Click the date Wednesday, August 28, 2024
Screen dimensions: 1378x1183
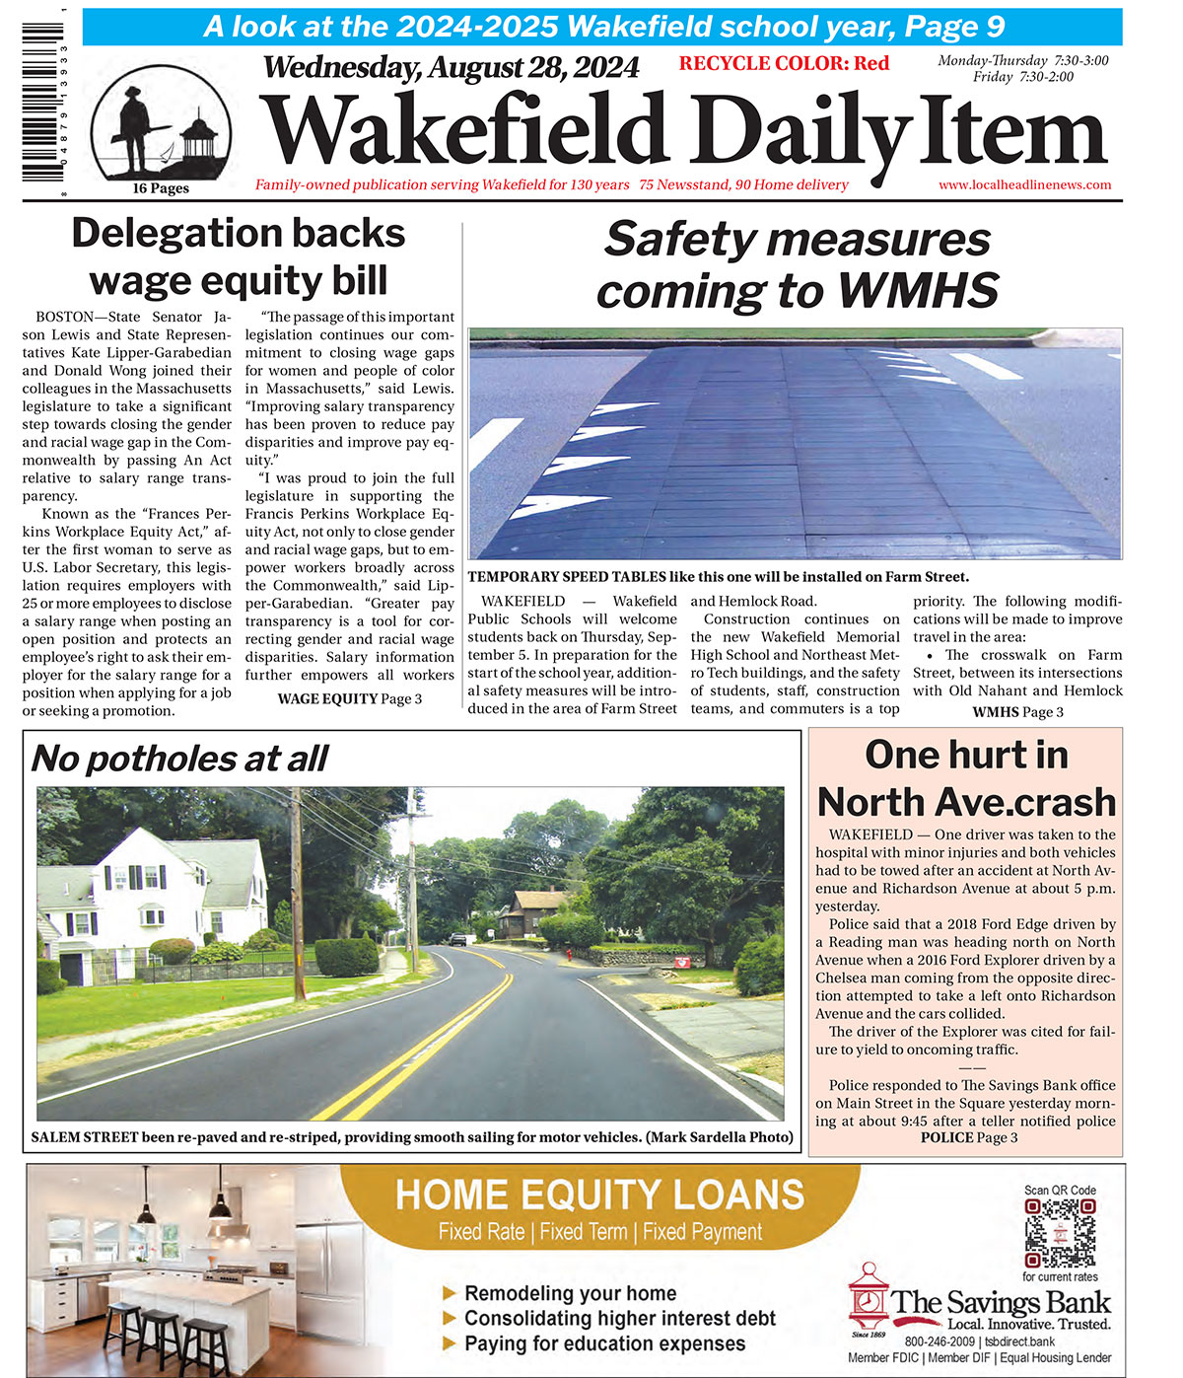click(451, 68)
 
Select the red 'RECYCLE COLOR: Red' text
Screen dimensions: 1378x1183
click(784, 64)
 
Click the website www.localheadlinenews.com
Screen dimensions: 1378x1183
click(1024, 184)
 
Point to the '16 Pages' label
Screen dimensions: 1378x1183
click(161, 188)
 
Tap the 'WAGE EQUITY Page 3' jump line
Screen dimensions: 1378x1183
click(349, 698)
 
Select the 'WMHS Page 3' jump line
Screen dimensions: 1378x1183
click(1017, 712)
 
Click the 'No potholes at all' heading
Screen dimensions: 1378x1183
click(179, 759)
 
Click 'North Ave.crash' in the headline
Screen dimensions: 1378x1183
click(965, 802)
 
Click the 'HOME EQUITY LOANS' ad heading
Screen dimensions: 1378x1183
click(599, 1195)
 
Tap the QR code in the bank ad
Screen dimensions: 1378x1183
click(1059, 1233)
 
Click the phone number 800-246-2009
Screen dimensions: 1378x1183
click(939, 1342)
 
